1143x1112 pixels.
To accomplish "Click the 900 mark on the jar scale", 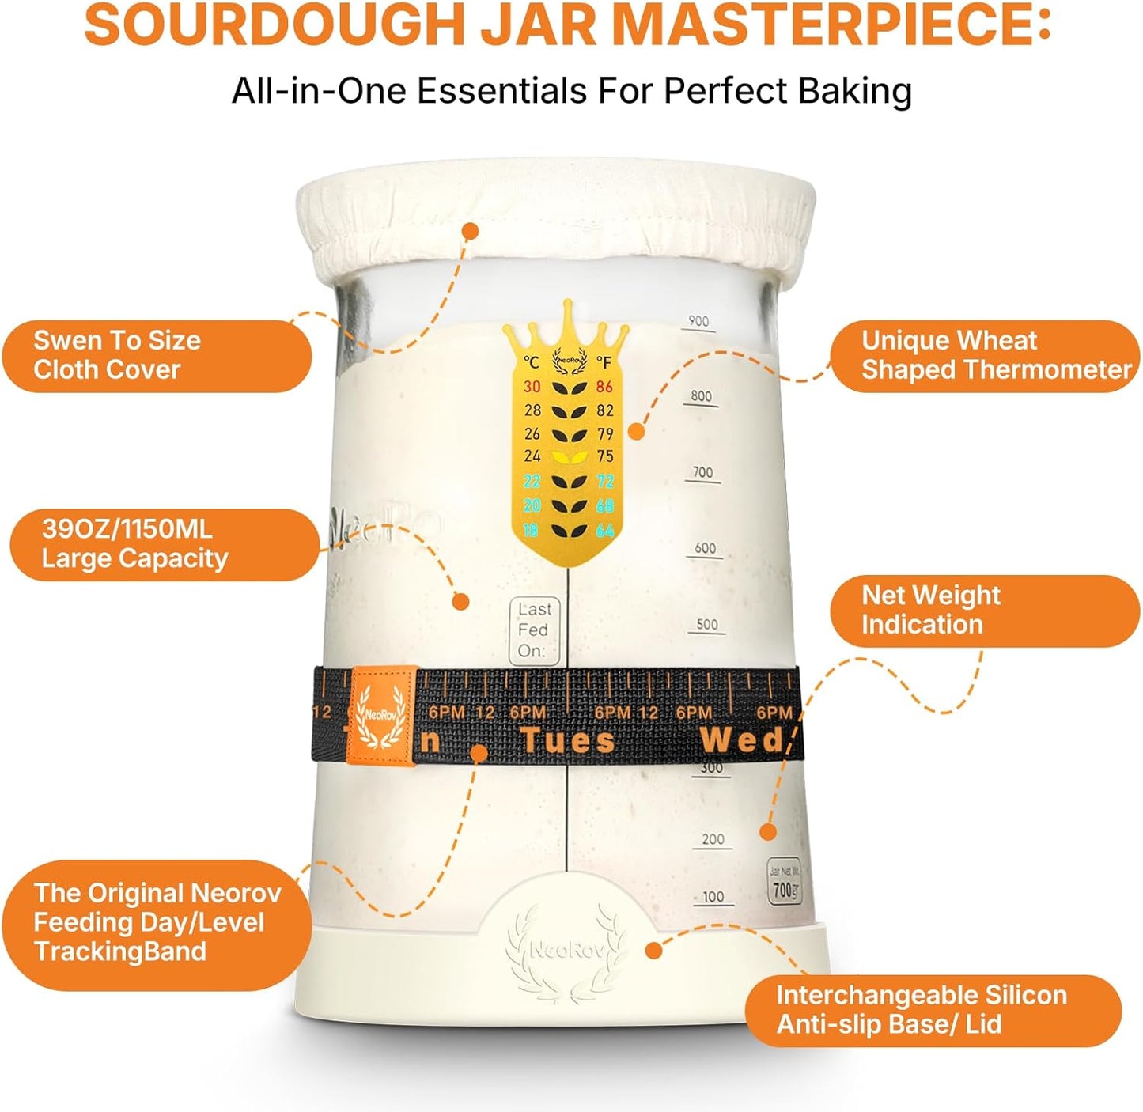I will (698, 321).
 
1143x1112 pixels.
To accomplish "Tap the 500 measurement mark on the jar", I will (707, 625).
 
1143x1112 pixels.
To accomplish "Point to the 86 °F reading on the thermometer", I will (605, 387).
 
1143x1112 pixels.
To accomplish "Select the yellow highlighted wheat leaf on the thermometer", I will (569, 457).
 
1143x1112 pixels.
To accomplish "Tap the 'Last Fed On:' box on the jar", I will (534, 630).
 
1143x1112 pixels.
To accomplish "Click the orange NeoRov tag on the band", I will (382, 717).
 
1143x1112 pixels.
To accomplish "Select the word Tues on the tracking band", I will (567, 741).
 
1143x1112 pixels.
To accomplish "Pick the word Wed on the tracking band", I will (742, 741).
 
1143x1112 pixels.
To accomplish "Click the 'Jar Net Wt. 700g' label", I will (784, 881).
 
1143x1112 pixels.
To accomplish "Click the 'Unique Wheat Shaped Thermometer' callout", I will (985, 356).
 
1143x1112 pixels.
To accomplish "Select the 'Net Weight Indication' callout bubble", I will (985, 611).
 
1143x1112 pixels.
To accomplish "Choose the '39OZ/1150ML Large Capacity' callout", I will (163, 545).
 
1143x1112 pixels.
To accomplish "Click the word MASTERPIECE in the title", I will (831, 25).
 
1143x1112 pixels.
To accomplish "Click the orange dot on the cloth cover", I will (471, 231).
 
